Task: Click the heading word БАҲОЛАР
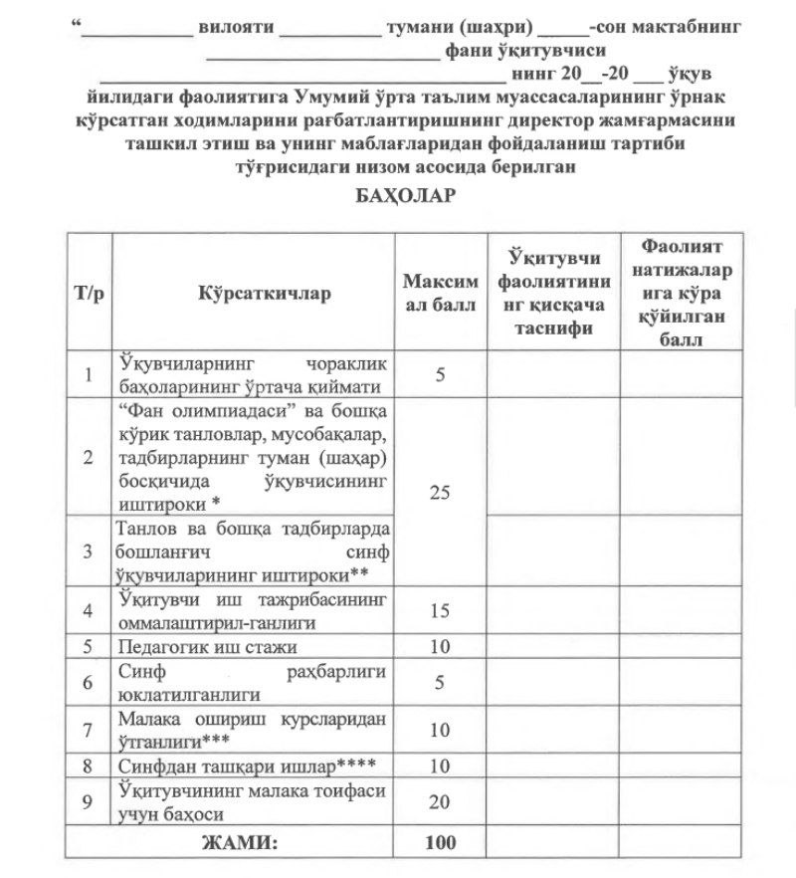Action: [x=405, y=195]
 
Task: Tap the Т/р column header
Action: [x=90, y=294]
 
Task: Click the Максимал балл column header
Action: [x=441, y=294]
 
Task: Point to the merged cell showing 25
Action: [x=441, y=492]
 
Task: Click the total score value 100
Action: [x=441, y=842]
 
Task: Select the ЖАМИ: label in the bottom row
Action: [x=240, y=842]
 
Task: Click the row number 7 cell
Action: [x=90, y=730]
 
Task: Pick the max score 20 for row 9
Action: [x=441, y=802]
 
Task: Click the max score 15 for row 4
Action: [x=441, y=610]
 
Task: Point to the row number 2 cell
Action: [x=90, y=457]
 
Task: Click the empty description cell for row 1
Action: [x=552, y=374]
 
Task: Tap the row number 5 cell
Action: [x=90, y=646]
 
